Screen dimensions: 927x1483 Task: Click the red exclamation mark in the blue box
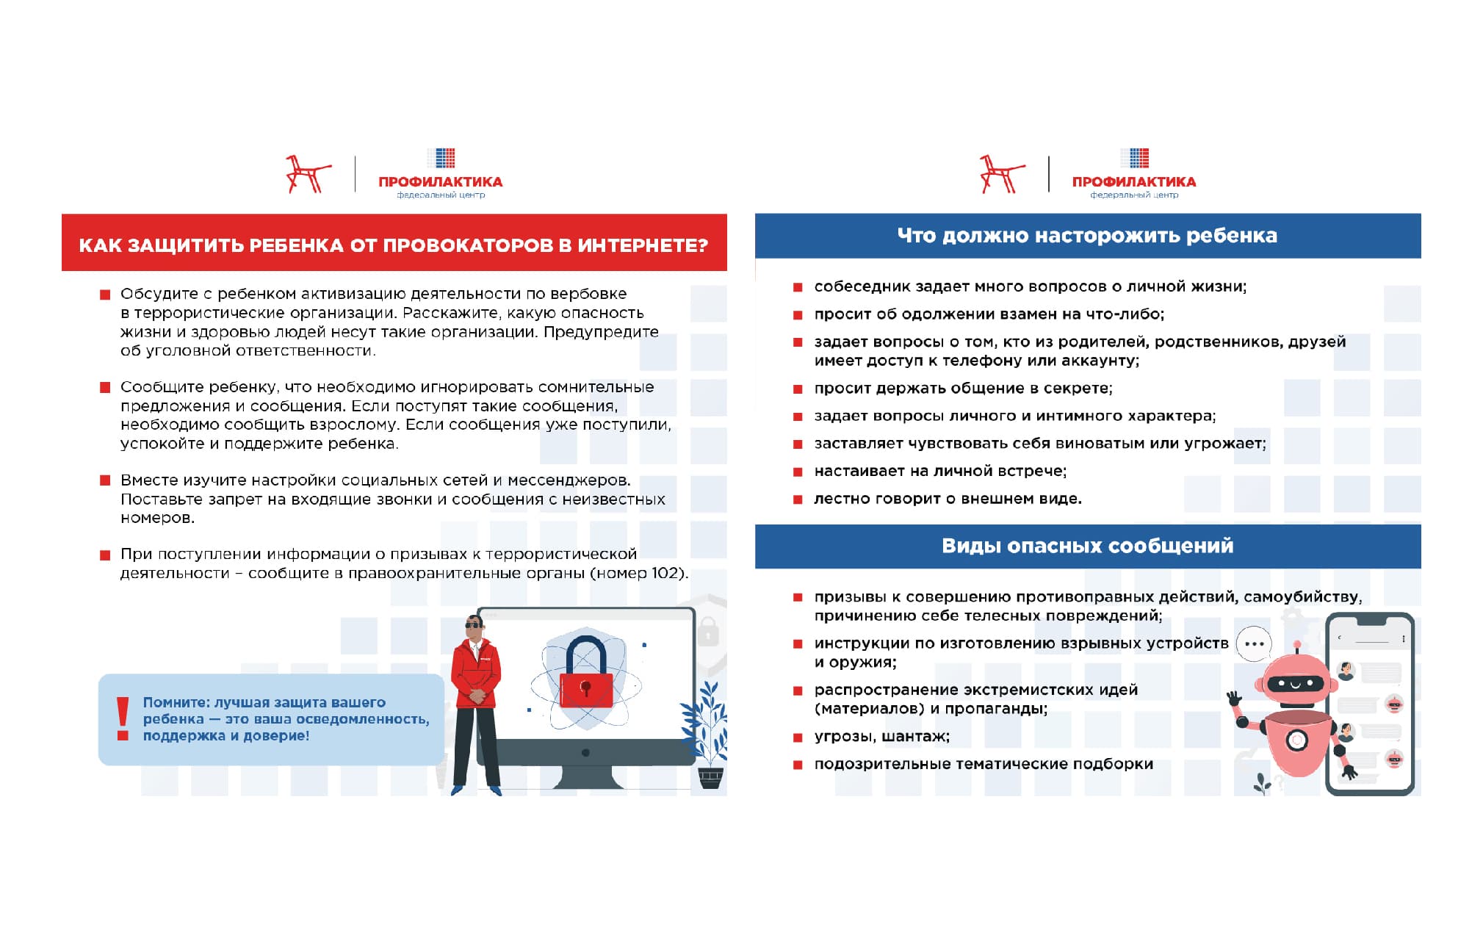coord(123,718)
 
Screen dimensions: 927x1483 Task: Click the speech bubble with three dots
coord(1254,644)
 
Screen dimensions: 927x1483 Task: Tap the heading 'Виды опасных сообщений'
coord(1087,546)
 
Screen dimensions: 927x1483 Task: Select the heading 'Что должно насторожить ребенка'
coord(1087,236)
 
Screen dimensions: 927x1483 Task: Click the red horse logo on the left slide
coord(307,174)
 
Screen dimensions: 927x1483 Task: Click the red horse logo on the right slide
coord(1000,174)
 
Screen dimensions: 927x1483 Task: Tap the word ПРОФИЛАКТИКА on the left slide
coord(440,181)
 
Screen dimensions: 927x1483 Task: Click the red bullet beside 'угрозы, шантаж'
coord(798,737)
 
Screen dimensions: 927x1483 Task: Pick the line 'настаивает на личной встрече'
coord(940,471)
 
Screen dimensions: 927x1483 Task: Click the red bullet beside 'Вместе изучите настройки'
coord(105,481)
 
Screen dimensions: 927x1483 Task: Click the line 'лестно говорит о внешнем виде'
coord(948,499)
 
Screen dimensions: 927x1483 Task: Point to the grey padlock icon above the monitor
coord(707,631)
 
